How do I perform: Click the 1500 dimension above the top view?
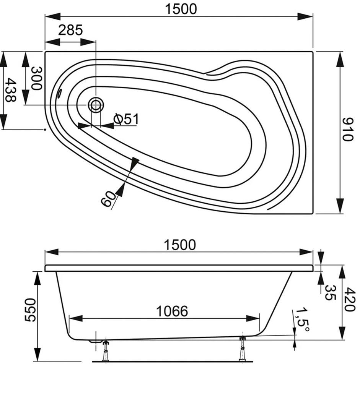181,8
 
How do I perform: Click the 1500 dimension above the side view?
180,245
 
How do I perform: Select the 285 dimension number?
70,30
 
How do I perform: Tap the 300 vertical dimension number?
36,78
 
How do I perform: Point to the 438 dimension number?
10,90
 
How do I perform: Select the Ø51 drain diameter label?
126,119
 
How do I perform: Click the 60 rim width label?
109,199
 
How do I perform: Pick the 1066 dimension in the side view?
172,311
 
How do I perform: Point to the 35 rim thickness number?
329,292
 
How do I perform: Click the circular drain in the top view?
96,104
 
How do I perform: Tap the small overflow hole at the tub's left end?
59,93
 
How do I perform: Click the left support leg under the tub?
105,350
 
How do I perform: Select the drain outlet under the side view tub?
93,341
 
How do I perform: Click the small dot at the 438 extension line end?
45,130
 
